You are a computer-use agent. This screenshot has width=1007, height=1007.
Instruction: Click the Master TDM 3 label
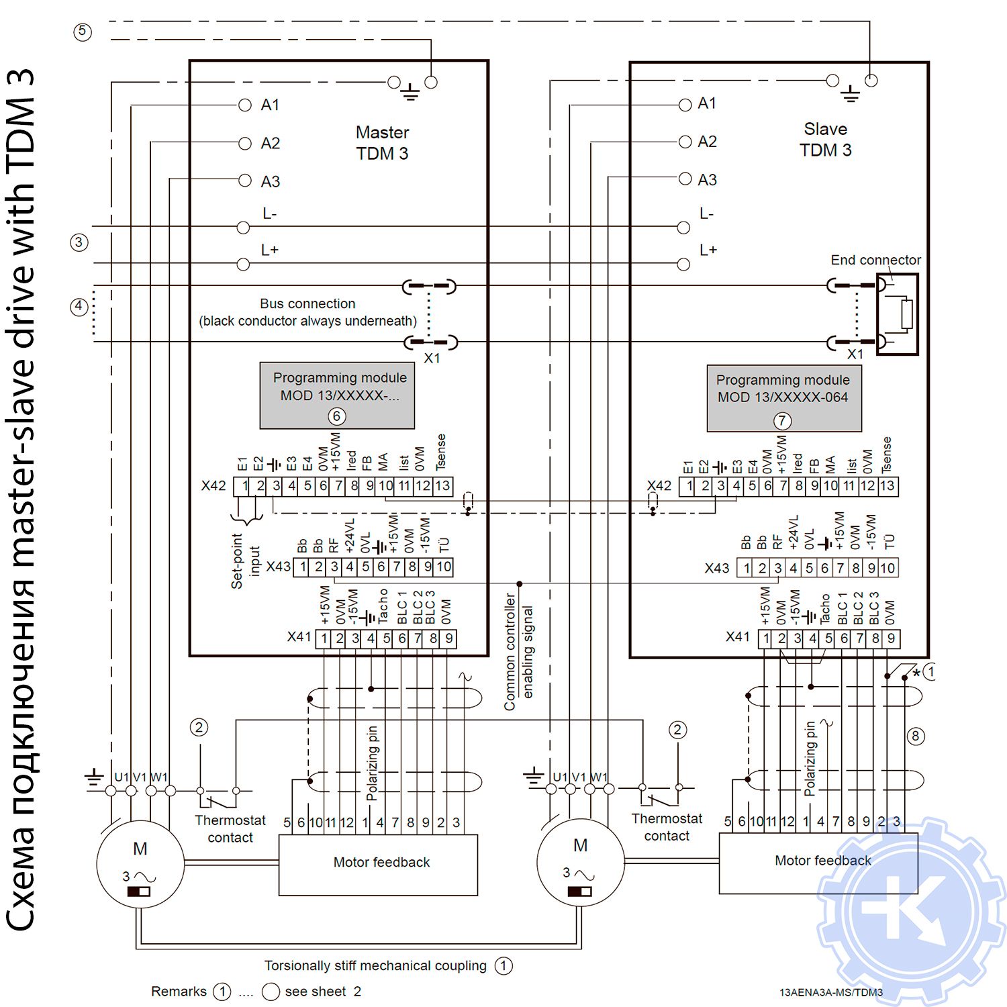tap(382, 143)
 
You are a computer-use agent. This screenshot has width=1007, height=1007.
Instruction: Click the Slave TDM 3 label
tap(825, 140)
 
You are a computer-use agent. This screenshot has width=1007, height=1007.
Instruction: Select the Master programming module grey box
tap(337, 396)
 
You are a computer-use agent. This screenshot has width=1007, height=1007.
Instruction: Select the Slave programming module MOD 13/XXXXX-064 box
tap(783, 398)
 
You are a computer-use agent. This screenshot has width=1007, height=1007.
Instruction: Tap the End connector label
tap(875, 260)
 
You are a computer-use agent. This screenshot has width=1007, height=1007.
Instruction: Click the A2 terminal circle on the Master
tap(244, 143)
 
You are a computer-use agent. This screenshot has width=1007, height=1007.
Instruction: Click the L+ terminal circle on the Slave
tap(683, 265)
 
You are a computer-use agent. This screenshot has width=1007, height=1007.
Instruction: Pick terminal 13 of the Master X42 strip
tap(442, 486)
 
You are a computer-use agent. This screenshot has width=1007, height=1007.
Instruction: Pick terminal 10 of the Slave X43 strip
tap(888, 568)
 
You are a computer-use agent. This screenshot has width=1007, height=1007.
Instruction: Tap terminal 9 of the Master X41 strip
tap(448, 638)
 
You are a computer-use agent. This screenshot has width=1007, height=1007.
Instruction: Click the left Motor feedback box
tap(378, 865)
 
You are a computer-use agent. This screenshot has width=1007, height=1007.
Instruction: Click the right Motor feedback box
tap(818, 863)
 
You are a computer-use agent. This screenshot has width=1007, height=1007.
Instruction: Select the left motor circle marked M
tap(140, 863)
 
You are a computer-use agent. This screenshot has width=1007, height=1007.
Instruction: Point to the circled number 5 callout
tap(83, 32)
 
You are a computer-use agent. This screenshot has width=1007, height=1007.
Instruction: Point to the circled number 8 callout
tap(915, 736)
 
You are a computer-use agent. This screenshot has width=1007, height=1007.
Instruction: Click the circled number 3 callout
tap(79, 242)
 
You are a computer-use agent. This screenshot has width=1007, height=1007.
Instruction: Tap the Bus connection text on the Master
tap(307, 312)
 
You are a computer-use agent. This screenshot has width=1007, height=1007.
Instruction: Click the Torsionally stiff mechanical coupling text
tap(375, 965)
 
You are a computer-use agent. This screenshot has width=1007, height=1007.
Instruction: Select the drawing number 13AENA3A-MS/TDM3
tap(831, 992)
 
